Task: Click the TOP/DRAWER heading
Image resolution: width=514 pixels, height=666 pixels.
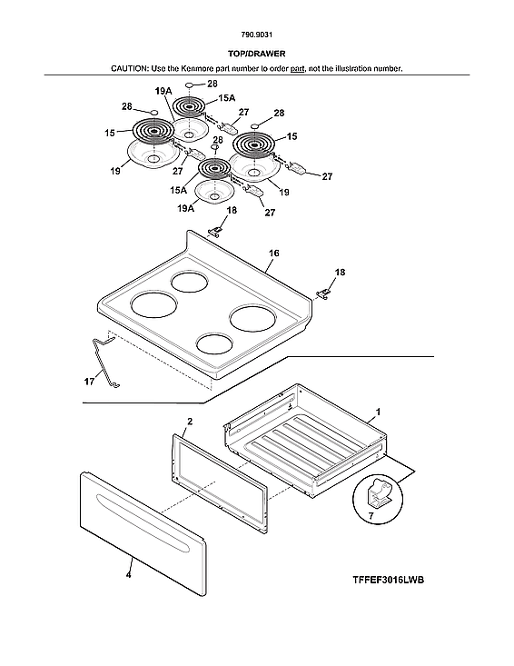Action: click(256, 54)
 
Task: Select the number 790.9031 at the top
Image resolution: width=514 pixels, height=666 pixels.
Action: click(256, 35)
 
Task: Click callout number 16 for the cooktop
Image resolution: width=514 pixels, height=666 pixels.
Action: click(273, 257)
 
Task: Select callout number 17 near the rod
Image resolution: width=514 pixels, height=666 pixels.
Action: click(89, 383)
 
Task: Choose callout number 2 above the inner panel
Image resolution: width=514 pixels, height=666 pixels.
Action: click(189, 422)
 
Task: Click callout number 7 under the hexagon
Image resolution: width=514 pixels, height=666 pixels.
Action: click(370, 515)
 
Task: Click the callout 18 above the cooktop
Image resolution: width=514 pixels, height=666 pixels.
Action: click(231, 210)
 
